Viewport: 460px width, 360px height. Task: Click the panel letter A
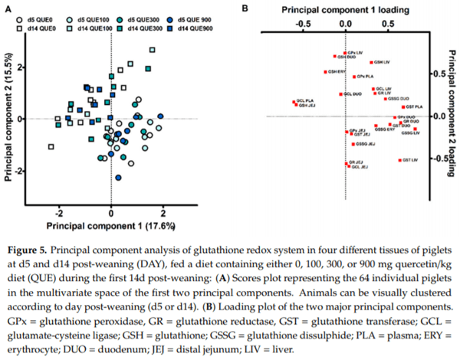10,7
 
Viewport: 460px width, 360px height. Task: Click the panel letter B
243,8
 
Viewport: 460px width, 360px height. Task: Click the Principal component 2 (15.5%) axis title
11,119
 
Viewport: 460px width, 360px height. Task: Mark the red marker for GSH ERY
325,71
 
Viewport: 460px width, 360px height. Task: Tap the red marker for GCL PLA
294,100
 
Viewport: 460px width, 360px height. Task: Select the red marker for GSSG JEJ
353,144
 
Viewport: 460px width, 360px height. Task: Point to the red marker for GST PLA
403,106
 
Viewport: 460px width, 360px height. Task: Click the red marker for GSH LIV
371,62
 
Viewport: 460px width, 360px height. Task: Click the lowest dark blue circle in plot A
118,177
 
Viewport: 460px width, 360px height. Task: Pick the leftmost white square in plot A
51,146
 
